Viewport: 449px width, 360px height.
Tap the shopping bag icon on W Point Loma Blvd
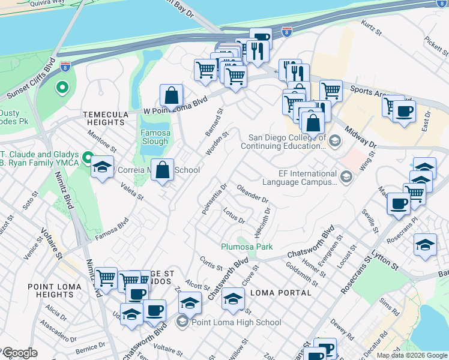click(x=172, y=95)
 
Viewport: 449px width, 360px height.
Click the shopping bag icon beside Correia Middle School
click(x=162, y=170)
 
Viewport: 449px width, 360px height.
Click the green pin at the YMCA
click(x=88, y=159)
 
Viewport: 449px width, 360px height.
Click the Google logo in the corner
click(x=19, y=353)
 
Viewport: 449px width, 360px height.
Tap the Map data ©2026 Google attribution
click(x=412, y=355)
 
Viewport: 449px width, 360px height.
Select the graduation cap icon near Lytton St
click(x=425, y=245)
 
